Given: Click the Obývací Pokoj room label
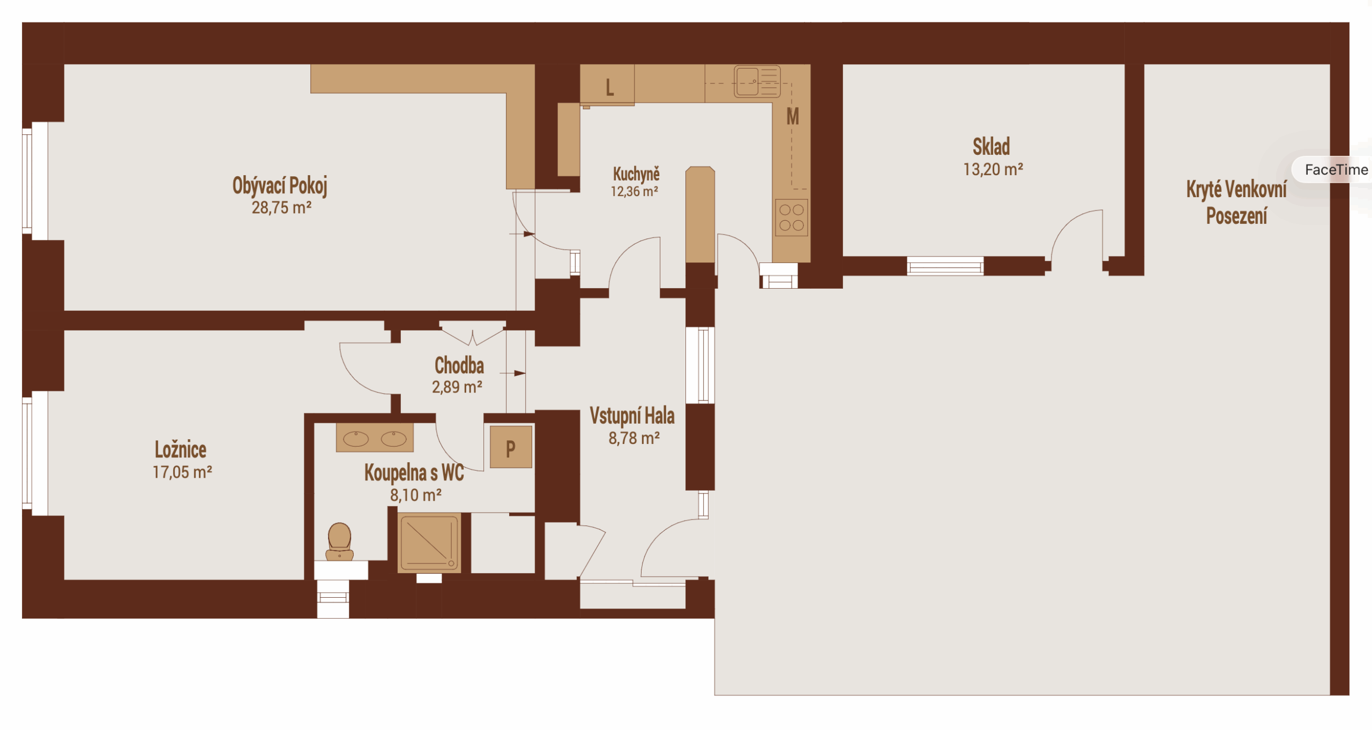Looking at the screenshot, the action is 280,186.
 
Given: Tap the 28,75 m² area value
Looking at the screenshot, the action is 282,208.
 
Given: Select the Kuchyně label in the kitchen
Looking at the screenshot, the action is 636,174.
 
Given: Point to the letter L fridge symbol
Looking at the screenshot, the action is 609,87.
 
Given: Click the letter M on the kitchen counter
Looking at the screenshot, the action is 793,116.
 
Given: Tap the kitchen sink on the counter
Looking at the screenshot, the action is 757,81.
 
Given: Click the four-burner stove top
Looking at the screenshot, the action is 792,217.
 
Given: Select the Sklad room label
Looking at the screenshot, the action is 991,146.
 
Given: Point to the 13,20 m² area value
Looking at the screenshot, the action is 993,169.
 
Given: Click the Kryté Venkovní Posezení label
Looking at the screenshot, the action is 1236,202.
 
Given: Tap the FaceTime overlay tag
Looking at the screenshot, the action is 1336,170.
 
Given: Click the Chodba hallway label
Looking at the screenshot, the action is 459,365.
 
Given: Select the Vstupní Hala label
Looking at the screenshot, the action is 632,416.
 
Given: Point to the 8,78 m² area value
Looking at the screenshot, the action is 634,438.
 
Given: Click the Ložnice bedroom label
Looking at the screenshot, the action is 181,450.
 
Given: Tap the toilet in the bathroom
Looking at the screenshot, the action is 340,542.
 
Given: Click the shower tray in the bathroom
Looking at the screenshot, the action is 429,542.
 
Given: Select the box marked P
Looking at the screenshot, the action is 511,447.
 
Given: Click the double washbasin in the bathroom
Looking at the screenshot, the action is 375,438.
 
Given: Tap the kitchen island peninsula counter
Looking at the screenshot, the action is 700,215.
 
